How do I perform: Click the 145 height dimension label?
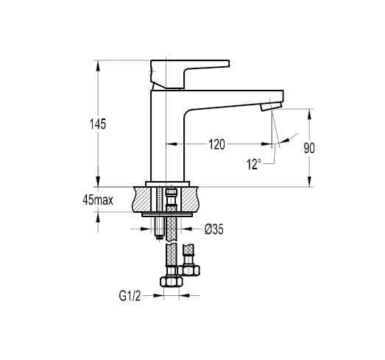[x=98, y=124]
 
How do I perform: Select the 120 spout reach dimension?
[x=216, y=144]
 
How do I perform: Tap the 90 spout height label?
[x=309, y=148]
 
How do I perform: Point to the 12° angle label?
[x=254, y=164]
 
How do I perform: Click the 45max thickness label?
[x=98, y=200]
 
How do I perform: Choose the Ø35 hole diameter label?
[x=214, y=230]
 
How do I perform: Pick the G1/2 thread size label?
[x=130, y=296]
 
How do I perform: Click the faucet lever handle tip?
[x=229, y=63]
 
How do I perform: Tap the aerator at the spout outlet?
[x=271, y=107]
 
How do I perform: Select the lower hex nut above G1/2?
[x=171, y=281]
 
